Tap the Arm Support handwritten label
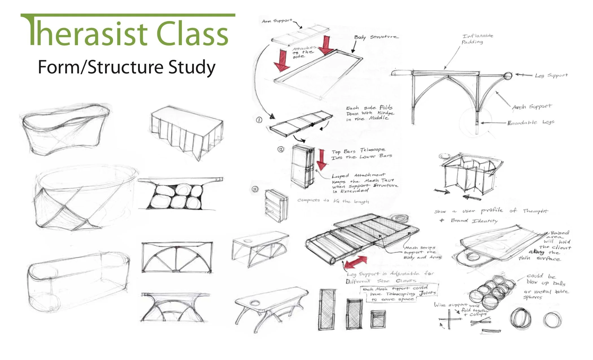pyautogui.click(x=277, y=21)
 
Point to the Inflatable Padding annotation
pyautogui.click(x=477, y=39)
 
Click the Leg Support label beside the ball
pyautogui.click(x=551, y=75)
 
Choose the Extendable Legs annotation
pyautogui.click(x=531, y=123)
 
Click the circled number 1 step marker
pyautogui.click(x=259, y=120)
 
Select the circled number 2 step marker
pyautogui.click(x=281, y=149)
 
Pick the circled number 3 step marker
pyautogui.click(x=255, y=189)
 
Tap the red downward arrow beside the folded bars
pyautogui.click(x=321, y=160)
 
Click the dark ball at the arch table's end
pyautogui.click(x=507, y=76)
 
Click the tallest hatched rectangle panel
pyautogui.click(x=328, y=309)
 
